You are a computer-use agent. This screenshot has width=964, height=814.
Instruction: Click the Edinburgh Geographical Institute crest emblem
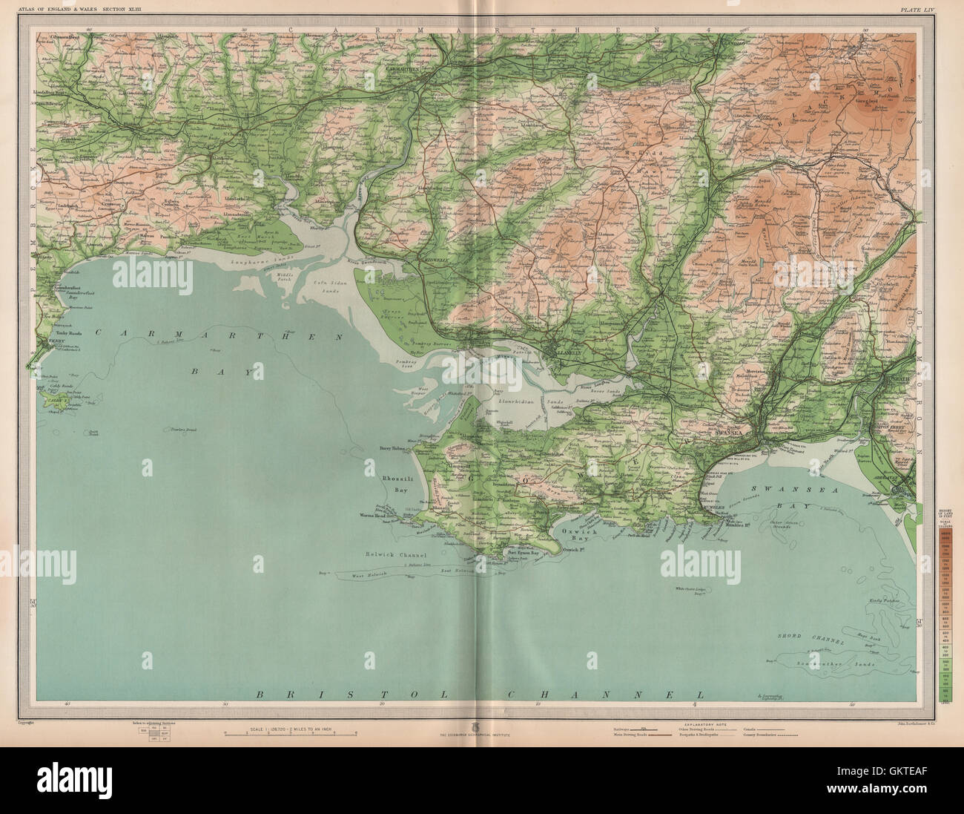point(481,726)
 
